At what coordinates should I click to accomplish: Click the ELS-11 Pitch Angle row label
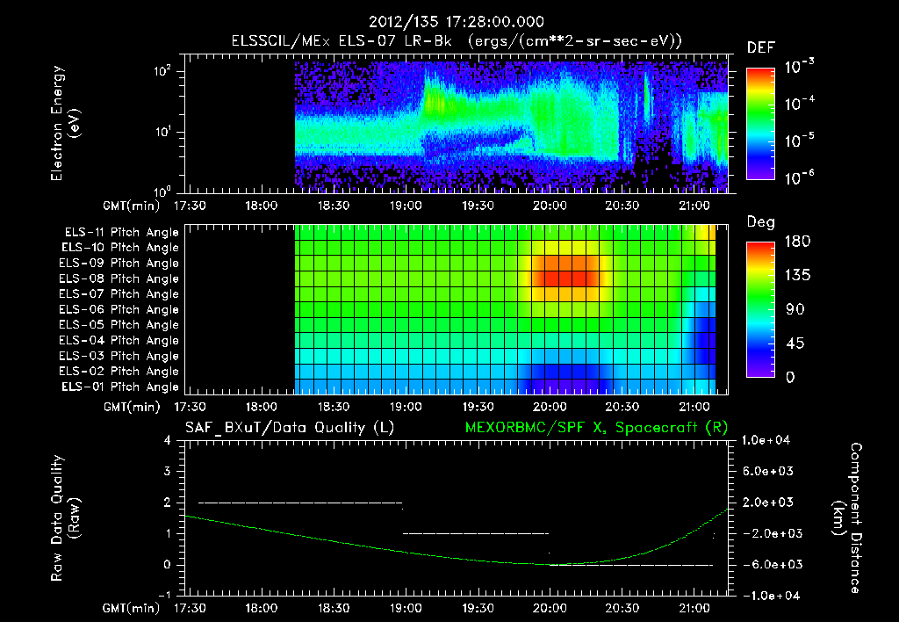(121, 232)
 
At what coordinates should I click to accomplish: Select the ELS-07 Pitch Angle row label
(121, 293)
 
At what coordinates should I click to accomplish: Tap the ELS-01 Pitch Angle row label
(121, 387)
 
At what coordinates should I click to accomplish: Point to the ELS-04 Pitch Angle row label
(121, 340)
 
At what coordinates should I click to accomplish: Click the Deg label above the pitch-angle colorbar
(759, 222)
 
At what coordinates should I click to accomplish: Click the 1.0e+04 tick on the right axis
(769, 441)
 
